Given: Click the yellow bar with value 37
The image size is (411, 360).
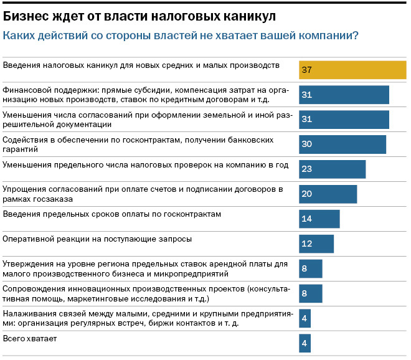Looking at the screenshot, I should pyautogui.click(x=352, y=70).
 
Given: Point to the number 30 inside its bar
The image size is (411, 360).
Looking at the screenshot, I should pyautogui.click(x=306, y=144).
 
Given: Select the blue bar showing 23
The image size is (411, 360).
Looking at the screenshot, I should pyautogui.click(x=332, y=169).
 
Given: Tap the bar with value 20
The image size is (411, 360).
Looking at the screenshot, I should pyautogui.click(x=328, y=194).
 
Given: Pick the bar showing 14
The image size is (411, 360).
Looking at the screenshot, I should pyautogui.click(x=319, y=219).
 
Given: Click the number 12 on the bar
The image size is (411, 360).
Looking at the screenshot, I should pyautogui.click(x=306, y=244).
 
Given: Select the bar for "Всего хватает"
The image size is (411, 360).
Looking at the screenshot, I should pyautogui.click(x=305, y=343).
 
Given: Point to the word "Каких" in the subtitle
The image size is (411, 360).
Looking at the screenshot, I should pyautogui.click(x=18, y=36).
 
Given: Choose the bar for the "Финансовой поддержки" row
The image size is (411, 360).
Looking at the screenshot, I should pyautogui.click(x=344, y=95).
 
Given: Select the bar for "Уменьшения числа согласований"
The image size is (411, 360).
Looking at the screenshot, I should pyautogui.click(x=344, y=119).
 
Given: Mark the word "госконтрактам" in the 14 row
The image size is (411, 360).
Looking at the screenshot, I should pyautogui.click(x=191, y=214).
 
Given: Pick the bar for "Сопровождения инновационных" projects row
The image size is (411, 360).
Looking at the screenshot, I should pyautogui.click(x=310, y=293).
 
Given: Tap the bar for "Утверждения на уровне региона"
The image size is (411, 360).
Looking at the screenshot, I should pyautogui.click(x=310, y=268).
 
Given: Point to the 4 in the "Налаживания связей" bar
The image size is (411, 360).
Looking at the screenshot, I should pyautogui.click(x=304, y=318).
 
